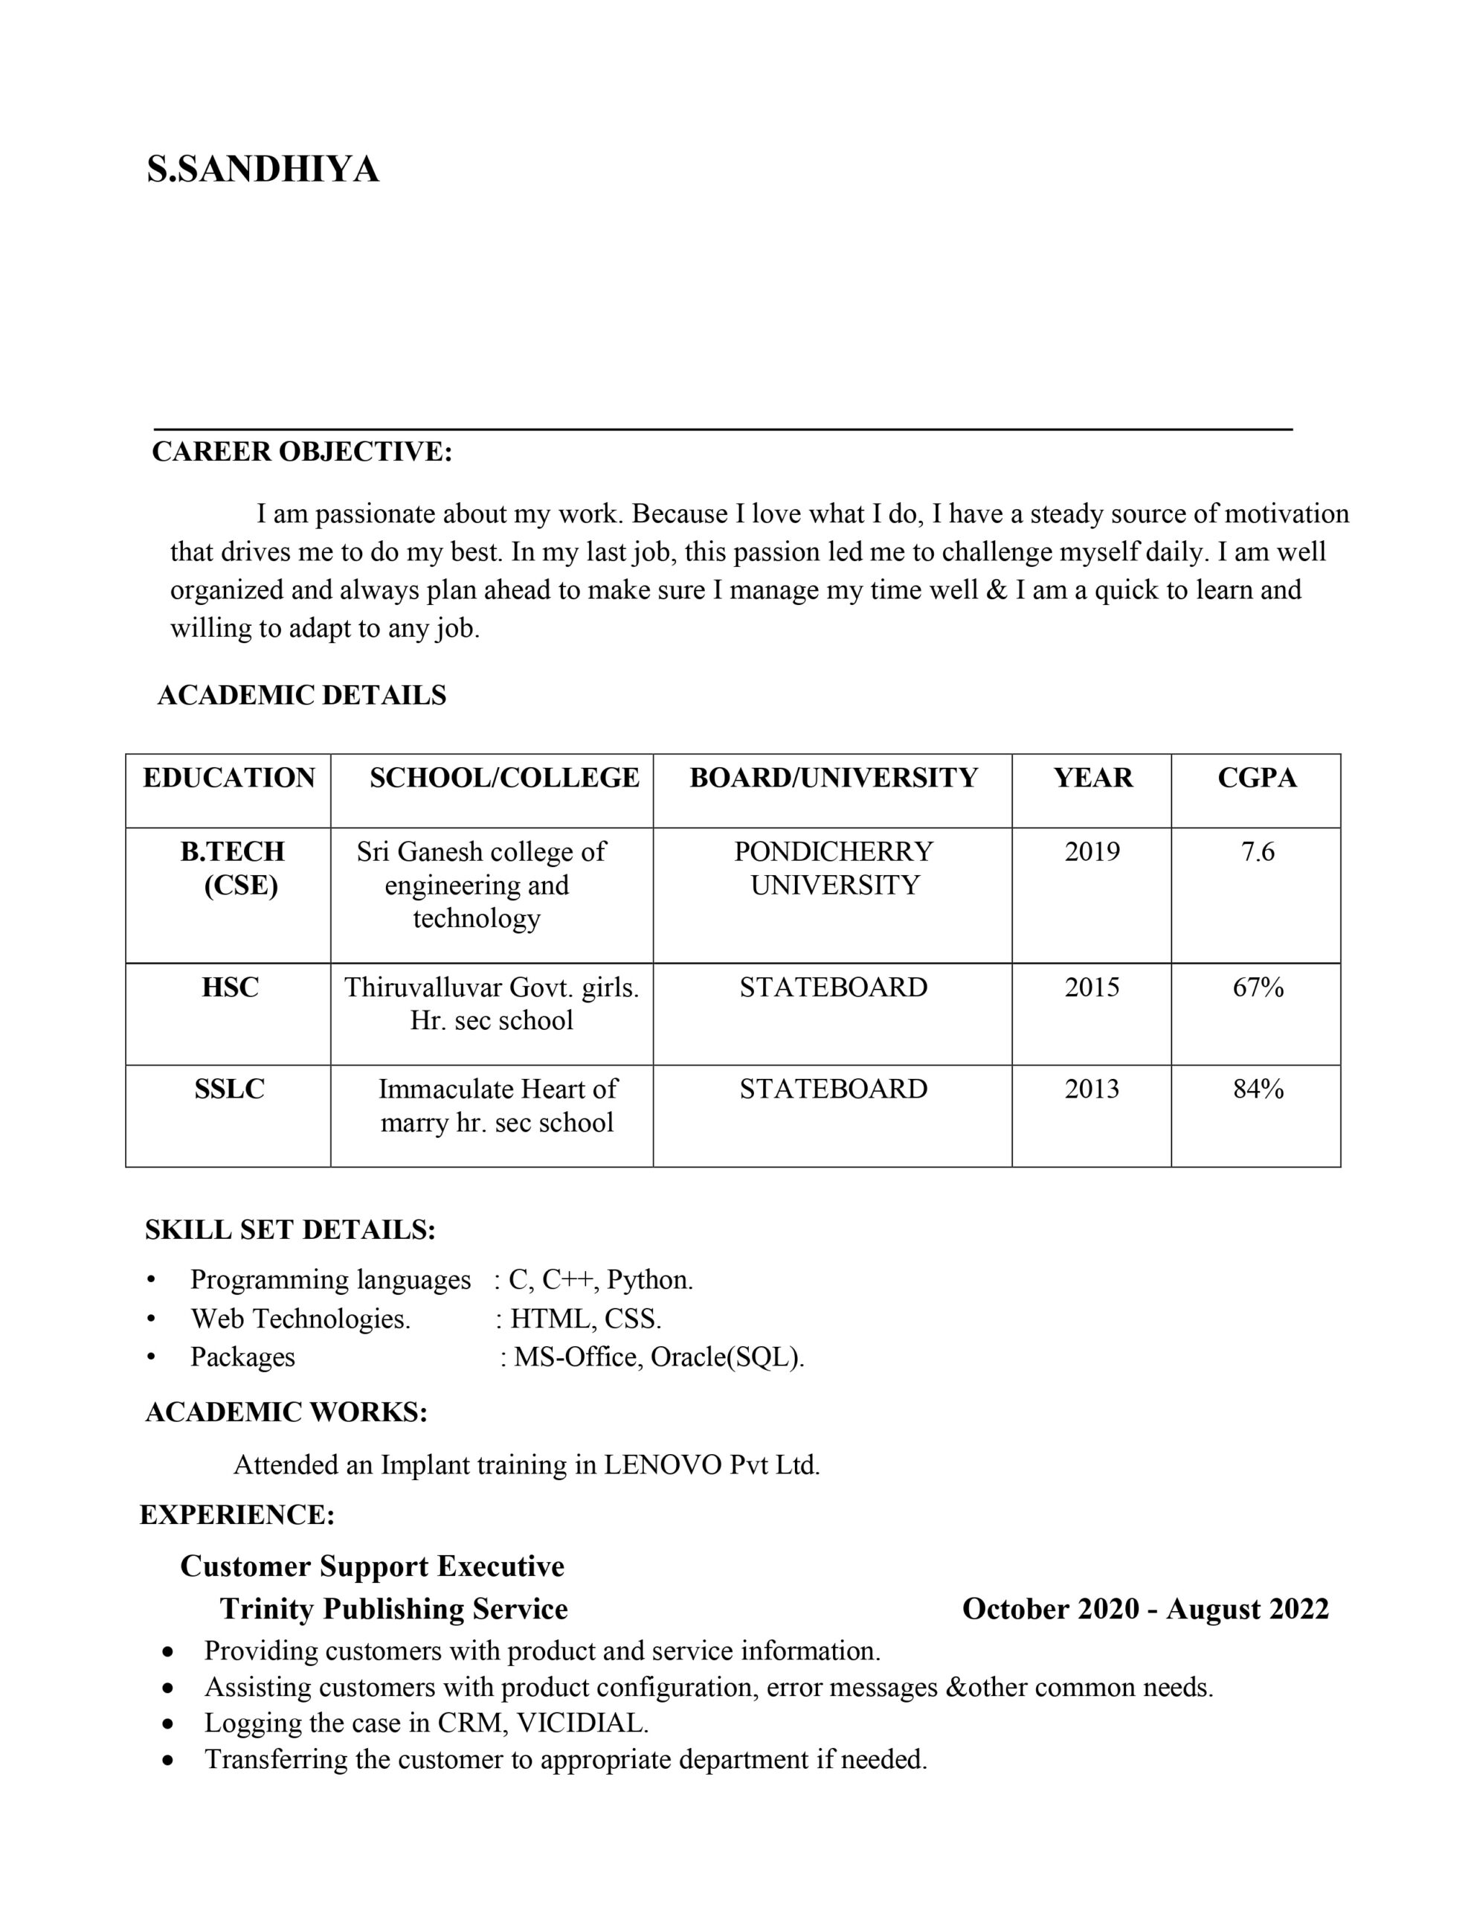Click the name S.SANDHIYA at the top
(x=263, y=169)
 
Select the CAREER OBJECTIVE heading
(x=302, y=452)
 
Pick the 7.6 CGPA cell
(x=1258, y=851)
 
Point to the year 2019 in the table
(x=1092, y=851)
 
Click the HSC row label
(x=231, y=987)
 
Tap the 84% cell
(x=1258, y=1089)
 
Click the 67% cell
(x=1258, y=987)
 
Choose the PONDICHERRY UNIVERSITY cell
(x=834, y=868)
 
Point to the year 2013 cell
(x=1092, y=1089)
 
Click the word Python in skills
(x=648, y=1280)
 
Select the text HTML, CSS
(x=585, y=1318)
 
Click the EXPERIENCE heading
(x=237, y=1515)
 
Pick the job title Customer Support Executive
(x=373, y=1566)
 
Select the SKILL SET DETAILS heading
(x=290, y=1230)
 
